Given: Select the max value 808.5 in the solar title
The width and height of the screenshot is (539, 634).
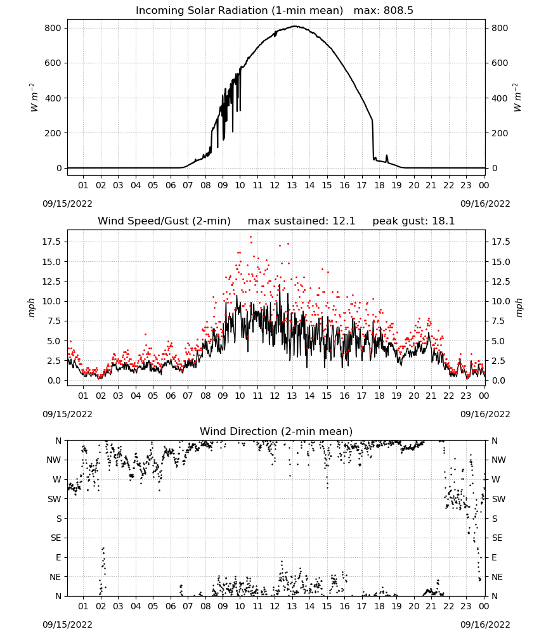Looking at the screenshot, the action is pos(398,11).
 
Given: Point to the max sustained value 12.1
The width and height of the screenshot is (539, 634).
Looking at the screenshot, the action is pos(343,221).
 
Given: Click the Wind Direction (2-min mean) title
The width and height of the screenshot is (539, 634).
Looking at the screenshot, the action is pos(276,431).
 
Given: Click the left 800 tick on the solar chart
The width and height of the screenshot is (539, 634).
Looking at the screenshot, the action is pos(53,29).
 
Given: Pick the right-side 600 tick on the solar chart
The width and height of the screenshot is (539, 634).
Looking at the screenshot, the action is pos(500,63).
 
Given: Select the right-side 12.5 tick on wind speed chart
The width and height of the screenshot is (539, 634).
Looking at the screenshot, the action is pos(501,281).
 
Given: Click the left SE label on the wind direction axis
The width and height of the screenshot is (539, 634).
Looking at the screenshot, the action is pos(56,538).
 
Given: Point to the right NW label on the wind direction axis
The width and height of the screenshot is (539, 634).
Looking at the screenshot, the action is pos(498,460).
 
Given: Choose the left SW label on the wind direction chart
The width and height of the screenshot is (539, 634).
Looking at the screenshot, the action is pos(55,500).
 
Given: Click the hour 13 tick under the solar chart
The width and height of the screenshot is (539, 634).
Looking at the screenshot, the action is pos(292,186).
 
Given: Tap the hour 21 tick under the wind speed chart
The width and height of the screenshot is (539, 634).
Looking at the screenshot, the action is pos(431,396).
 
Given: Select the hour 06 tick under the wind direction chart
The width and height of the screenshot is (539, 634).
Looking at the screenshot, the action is pos(171,606).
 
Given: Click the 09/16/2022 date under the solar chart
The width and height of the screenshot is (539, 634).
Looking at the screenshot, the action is pos(485,204).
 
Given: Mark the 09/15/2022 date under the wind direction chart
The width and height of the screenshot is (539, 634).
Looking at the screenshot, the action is pos(67,624).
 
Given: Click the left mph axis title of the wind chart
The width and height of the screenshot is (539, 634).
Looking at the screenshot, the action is pos(32,307).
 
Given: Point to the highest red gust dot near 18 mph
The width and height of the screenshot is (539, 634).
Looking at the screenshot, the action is pos(250,237).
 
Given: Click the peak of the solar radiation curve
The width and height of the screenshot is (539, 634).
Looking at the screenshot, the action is pos(295,26).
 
